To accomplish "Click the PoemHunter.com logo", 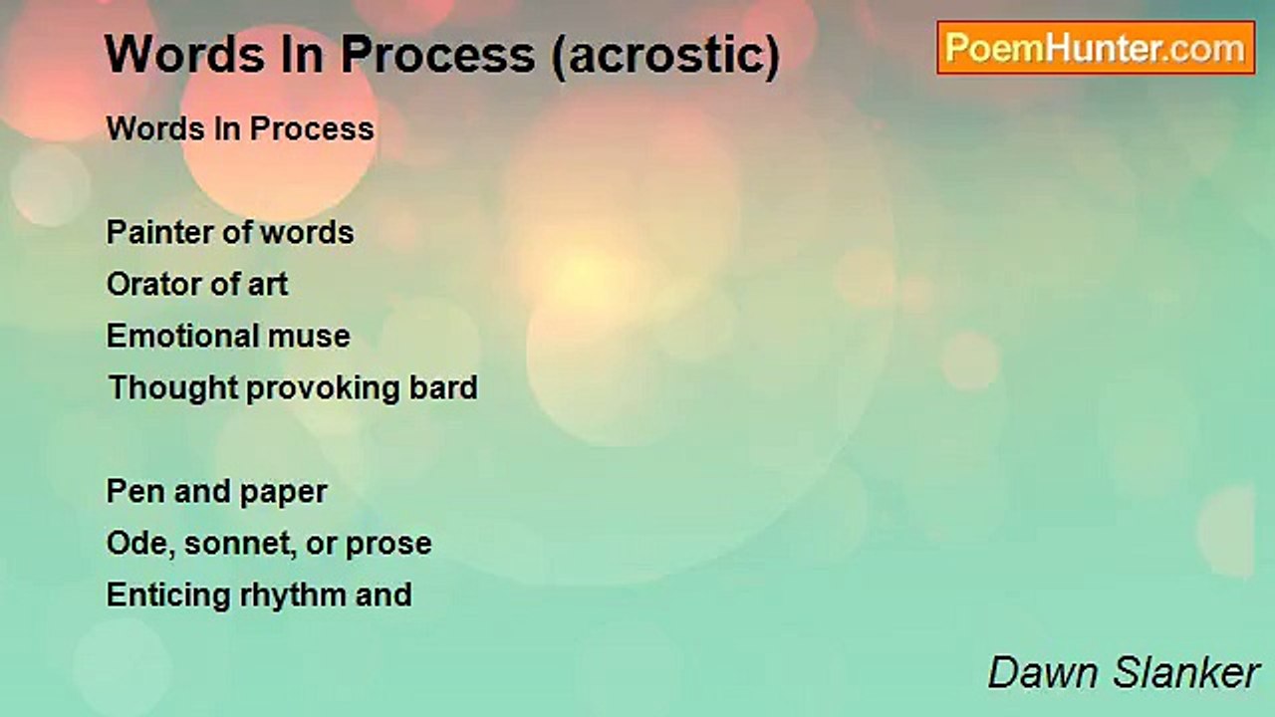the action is pyautogui.click(x=1096, y=48).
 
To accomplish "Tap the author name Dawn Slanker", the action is pyautogui.click(x=1123, y=672).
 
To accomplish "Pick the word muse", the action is pyautogui.click(x=309, y=337).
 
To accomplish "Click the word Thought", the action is pyautogui.click(x=173, y=388).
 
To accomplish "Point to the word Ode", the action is pyautogui.click(x=140, y=544).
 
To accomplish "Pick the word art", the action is pyautogui.click(x=268, y=285).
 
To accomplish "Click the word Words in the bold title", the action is pyautogui.click(x=185, y=55).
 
